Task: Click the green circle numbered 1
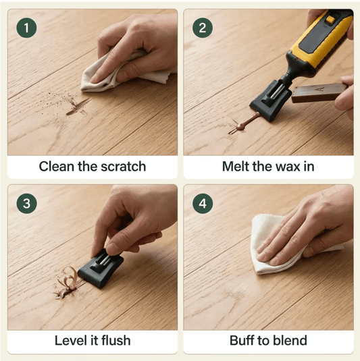coord(26,28)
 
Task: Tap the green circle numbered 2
coord(203,28)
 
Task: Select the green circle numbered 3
coord(26,204)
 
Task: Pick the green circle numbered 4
coord(203,204)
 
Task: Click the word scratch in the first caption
coord(124,167)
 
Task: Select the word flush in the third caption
coord(116,341)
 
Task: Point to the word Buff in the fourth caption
coord(242,341)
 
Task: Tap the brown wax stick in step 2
coord(319,93)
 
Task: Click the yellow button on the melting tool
coord(330,20)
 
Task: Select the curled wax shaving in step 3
coord(68,277)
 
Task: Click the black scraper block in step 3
coord(101,268)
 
